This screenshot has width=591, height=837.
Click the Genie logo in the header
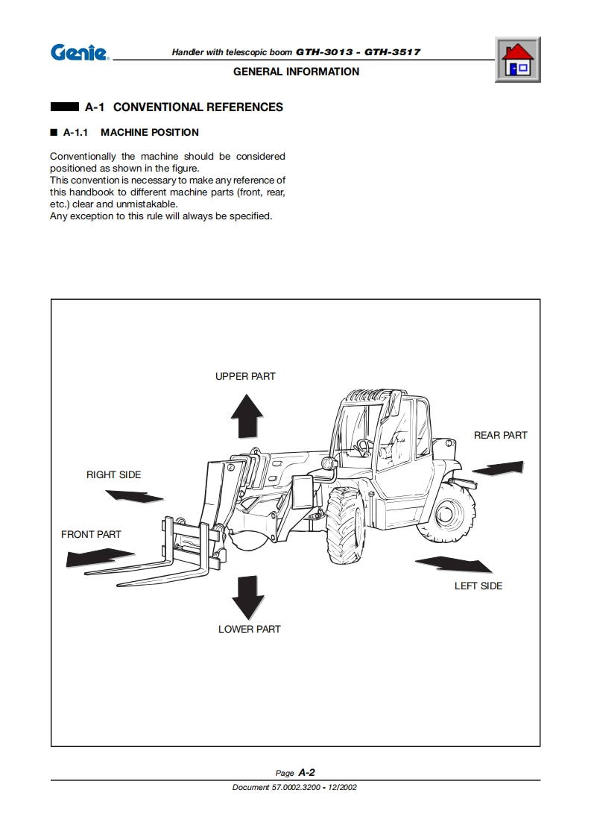(x=79, y=53)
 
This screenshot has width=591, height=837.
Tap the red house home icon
(x=517, y=60)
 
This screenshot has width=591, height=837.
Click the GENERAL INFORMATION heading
(x=296, y=72)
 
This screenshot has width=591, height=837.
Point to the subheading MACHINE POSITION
(x=150, y=133)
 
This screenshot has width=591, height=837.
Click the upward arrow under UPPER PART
(x=246, y=416)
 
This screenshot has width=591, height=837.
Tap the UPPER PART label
(x=245, y=376)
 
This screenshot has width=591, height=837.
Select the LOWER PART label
(x=249, y=629)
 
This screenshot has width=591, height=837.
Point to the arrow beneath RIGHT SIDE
(x=134, y=495)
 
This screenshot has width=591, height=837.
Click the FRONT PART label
(x=91, y=534)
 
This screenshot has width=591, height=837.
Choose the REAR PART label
(x=500, y=435)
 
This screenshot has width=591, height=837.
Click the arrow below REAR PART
(x=498, y=468)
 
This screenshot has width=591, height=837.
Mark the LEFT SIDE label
(x=478, y=586)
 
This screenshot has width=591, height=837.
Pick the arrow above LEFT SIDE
(x=453, y=564)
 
